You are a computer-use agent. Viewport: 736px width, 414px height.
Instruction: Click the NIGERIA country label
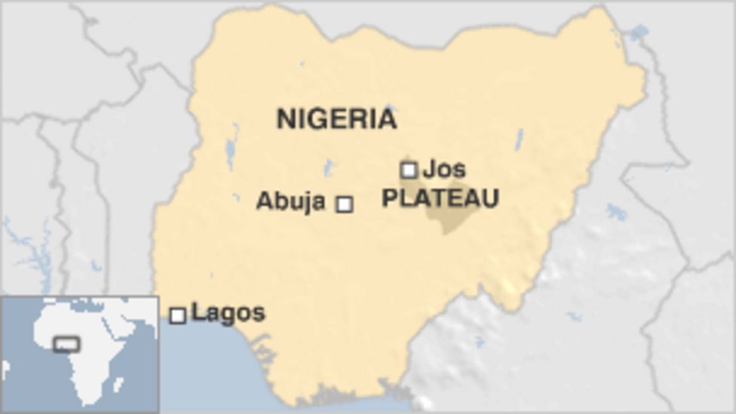(336, 119)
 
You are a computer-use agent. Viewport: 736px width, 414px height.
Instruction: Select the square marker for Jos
(409, 170)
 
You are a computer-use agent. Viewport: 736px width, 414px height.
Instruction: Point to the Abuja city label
(290, 201)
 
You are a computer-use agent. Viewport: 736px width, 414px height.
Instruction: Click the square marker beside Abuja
(345, 204)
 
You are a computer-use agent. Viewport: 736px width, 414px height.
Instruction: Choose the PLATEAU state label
(440, 198)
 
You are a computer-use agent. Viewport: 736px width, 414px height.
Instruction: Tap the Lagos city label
(228, 312)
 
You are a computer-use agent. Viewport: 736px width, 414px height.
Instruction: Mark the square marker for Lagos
(178, 315)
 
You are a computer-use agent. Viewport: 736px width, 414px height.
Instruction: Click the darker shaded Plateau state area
(452, 218)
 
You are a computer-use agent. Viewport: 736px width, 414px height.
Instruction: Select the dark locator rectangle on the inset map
(66, 345)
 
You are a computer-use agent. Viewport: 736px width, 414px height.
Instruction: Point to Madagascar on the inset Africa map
(118, 385)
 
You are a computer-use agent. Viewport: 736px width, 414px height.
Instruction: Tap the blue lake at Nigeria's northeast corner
(639, 32)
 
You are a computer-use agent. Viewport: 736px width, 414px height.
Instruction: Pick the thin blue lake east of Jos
(519, 139)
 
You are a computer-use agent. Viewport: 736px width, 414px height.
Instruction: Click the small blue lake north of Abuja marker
(328, 167)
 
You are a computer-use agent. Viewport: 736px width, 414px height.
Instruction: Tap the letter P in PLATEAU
(390, 198)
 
